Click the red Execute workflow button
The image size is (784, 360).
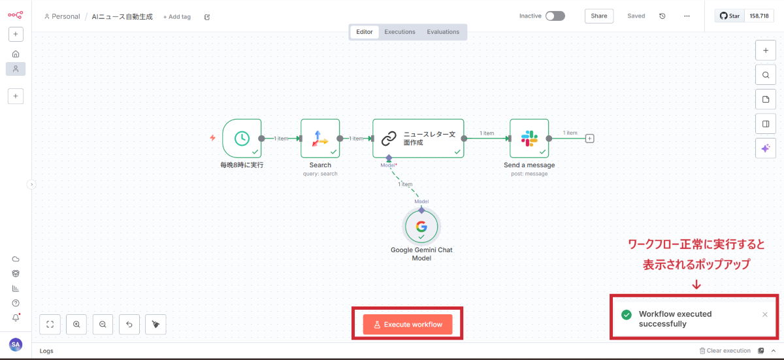tap(408, 324)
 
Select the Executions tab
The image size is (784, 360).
tap(400, 31)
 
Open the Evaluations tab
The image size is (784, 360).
tap(443, 31)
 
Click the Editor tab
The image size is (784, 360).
tap(365, 31)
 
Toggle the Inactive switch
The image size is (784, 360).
tap(555, 16)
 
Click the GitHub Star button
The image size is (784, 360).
tap(730, 16)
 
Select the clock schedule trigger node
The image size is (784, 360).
tap(242, 138)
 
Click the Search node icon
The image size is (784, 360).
tap(320, 138)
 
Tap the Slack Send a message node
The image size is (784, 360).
tap(529, 138)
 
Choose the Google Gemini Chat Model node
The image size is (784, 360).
tap(421, 227)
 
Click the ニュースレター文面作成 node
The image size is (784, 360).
tap(418, 138)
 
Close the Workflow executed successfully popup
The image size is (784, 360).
tap(765, 314)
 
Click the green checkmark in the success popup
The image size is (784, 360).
tap(626, 315)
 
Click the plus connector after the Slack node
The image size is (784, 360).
tap(590, 138)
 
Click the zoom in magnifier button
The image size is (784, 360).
tap(76, 324)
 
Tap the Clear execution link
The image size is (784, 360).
tap(725, 351)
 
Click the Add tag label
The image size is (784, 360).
tap(177, 17)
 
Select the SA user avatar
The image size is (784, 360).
tap(16, 344)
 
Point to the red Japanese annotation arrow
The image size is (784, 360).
tap(696, 284)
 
